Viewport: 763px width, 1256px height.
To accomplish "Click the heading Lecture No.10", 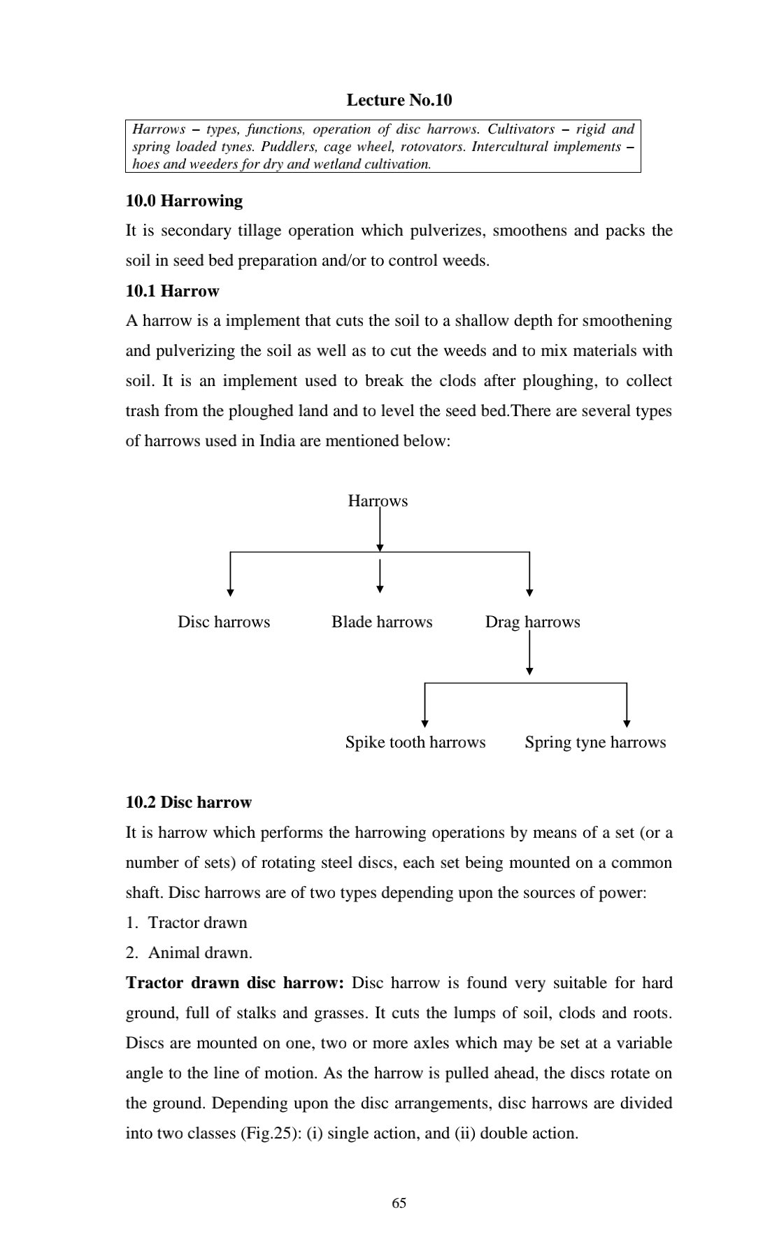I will click(399, 100).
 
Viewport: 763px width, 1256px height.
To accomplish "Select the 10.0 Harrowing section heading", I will click(184, 201).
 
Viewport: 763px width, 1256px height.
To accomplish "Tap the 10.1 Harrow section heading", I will click(172, 291).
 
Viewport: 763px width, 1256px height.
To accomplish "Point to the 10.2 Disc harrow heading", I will click(188, 802).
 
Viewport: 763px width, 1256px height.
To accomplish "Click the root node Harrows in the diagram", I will click(378, 501).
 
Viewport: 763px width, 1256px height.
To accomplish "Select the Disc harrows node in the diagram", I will click(224, 622).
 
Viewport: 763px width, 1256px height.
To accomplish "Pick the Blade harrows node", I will click(382, 622).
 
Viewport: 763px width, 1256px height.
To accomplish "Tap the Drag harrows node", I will click(532, 622).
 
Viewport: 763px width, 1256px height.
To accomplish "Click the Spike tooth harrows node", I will click(415, 742).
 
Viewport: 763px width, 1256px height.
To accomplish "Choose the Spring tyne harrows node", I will click(595, 742).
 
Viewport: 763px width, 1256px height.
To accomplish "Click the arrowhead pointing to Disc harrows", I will click(231, 592).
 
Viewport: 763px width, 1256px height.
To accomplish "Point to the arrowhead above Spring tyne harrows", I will click(627, 724).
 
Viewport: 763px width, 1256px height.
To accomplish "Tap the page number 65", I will click(399, 1203).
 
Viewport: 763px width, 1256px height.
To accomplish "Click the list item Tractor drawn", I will click(197, 922).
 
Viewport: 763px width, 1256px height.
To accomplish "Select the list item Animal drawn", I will click(200, 952).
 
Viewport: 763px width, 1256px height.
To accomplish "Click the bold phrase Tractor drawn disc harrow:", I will click(235, 983).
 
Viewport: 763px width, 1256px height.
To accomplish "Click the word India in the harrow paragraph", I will click(277, 441).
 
